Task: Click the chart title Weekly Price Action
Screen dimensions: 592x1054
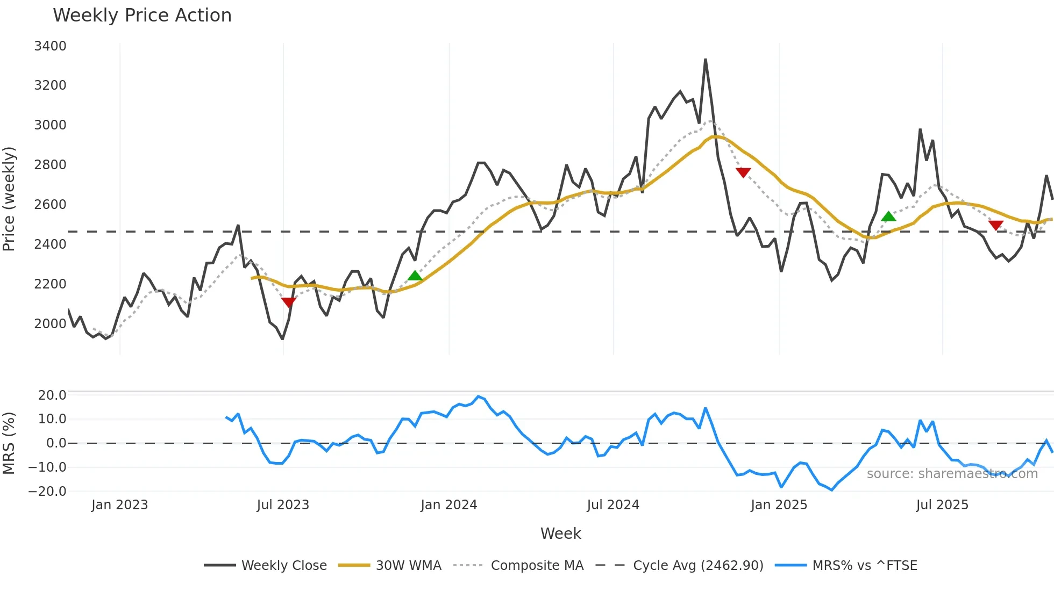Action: click(x=142, y=16)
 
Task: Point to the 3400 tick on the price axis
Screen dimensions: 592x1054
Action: click(x=50, y=46)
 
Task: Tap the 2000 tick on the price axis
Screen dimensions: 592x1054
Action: click(x=50, y=323)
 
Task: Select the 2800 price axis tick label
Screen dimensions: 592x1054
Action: click(x=50, y=165)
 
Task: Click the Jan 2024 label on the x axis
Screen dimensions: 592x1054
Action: click(x=448, y=505)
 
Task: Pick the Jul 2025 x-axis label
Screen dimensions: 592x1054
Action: click(x=942, y=505)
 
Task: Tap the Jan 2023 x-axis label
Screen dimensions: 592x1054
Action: click(x=119, y=505)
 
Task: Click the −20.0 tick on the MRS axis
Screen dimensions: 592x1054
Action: click(x=47, y=491)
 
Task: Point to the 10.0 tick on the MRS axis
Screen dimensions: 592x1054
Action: click(x=52, y=419)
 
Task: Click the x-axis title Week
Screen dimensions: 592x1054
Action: click(x=560, y=533)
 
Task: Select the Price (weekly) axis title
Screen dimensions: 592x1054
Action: click(x=9, y=199)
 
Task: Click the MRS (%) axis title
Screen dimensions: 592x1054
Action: click(x=9, y=443)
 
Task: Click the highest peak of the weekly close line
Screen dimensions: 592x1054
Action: click(x=705, y=60)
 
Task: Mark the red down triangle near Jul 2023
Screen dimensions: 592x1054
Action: click(x=289, y=302)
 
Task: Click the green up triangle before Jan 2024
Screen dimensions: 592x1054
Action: click(x=415, y=276)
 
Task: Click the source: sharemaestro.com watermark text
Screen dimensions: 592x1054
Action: click(x=952, y=474)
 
